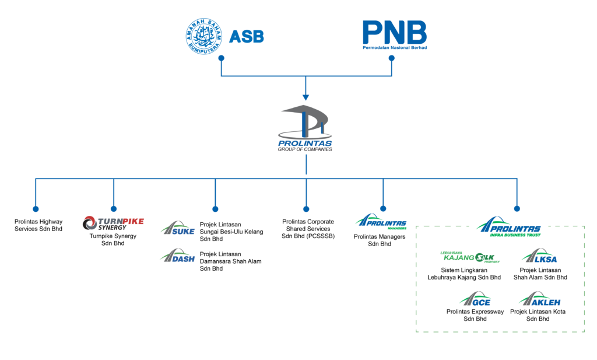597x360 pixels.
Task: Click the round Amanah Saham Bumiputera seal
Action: (203, 36)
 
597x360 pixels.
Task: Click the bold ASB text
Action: (247, 37)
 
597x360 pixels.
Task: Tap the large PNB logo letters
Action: (395, 32)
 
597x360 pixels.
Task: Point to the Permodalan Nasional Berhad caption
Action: (395, 48)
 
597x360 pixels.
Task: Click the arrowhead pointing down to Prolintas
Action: (305, 97)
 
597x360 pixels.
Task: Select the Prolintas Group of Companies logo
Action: (305, 128)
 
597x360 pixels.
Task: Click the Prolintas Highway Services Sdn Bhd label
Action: (38, 225)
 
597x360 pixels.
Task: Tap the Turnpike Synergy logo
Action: (113, 223)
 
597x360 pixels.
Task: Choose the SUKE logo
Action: (177, 228)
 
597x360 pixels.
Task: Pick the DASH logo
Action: (177, 256)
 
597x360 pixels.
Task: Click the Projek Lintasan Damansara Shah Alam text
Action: (230, 261)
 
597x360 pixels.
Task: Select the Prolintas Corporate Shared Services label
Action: (308, 229)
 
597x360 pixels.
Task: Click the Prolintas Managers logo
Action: (381, 222)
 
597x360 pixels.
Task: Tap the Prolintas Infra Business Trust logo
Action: (508, 227)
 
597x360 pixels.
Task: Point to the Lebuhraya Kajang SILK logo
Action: (470, 257)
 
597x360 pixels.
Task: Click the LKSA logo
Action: (539, 256)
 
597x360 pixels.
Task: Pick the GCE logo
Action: (475, 299)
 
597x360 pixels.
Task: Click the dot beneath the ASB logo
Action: (221, 58)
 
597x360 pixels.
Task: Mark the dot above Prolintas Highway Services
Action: (36, 209)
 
